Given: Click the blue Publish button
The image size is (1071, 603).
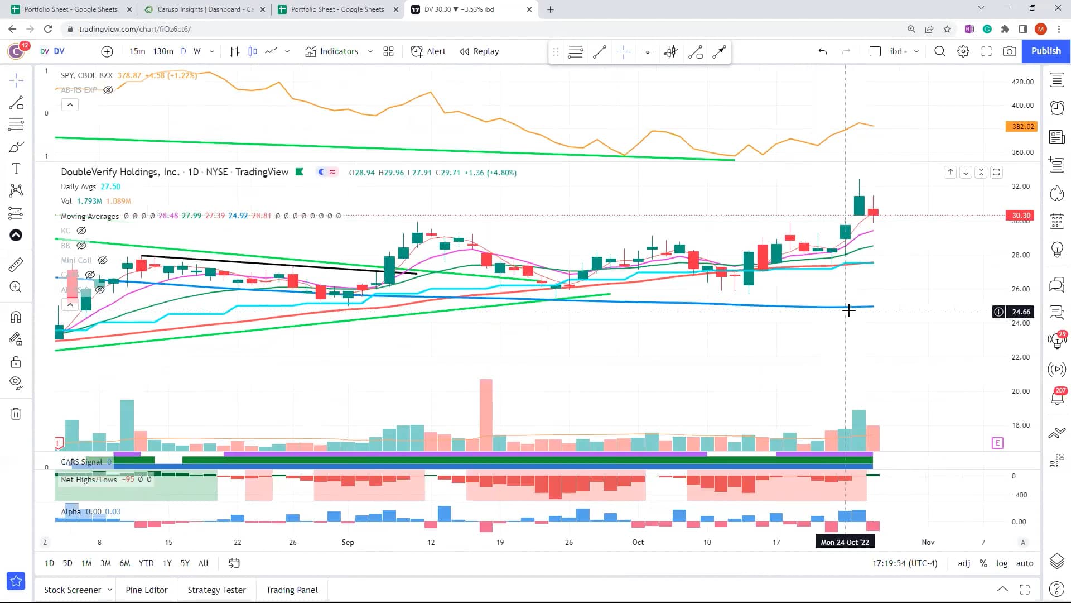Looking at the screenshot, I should [1045, 51].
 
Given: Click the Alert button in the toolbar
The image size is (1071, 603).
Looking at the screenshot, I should [428, 51].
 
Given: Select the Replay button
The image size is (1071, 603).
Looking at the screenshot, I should [479, 51].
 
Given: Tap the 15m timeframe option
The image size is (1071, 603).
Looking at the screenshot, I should [137, 51].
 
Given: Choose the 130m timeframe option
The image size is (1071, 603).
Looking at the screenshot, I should [163, 51].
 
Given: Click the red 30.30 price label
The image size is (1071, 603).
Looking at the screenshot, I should [1021, 216].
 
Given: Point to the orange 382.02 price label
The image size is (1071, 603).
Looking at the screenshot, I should [1022, 127].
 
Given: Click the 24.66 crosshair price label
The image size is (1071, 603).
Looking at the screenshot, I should [1021, 312].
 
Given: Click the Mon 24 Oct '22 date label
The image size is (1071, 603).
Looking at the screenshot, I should [845, 542].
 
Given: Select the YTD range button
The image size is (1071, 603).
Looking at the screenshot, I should [146, 563].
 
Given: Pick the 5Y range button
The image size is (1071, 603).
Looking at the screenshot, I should [185, 563].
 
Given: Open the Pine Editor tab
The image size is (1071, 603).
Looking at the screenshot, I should [146, 590].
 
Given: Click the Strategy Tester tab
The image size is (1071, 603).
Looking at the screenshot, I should [216, 590].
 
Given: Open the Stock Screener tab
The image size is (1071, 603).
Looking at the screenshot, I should [73, 590].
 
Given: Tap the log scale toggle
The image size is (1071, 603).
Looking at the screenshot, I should [1002, 563].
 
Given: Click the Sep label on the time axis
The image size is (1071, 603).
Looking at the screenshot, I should [348, 542].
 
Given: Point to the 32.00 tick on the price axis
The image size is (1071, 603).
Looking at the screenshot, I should [1020, 186].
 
